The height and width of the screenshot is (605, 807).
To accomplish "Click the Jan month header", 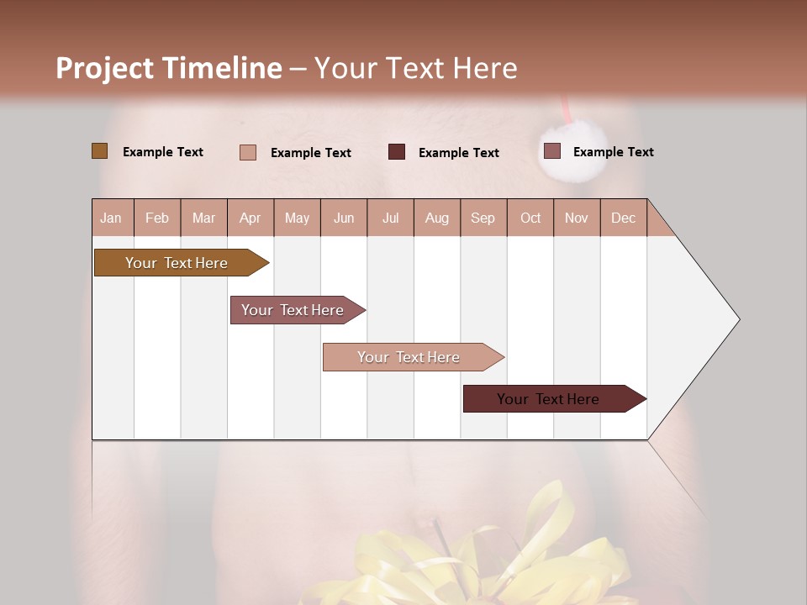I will tap(111, 218).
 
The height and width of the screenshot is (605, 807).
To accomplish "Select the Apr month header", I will tap(250, 218).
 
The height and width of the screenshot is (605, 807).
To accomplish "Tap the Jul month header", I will tap(390, 218).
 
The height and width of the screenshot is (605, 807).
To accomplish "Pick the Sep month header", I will tap(483, 218).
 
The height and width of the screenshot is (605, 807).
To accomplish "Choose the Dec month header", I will tap(623, 218).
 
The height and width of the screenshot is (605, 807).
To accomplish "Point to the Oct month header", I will tap(530, 218).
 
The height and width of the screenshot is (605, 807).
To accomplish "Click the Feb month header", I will tap(157, 218).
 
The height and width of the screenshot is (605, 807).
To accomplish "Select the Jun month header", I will tap(344, 218).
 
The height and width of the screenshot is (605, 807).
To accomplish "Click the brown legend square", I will tap(100, 151).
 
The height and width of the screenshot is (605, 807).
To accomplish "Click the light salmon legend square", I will tap(248, 152).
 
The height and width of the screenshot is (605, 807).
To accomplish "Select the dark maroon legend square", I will tap(397, 151).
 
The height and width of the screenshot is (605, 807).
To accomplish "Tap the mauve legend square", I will tap(551, 151).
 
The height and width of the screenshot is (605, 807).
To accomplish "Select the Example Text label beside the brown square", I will tap(163, 152).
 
